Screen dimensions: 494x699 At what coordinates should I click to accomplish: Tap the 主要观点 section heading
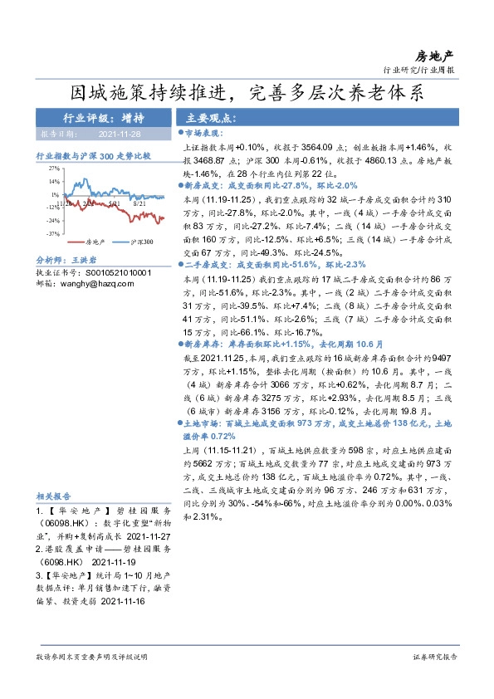tap(211, 118)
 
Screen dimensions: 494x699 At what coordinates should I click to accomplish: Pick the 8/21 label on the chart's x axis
tap(139, 202)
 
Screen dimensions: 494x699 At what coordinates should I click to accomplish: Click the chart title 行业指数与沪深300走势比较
tap(93, 155)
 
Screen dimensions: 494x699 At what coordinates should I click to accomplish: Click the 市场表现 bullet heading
tap(203, 132)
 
